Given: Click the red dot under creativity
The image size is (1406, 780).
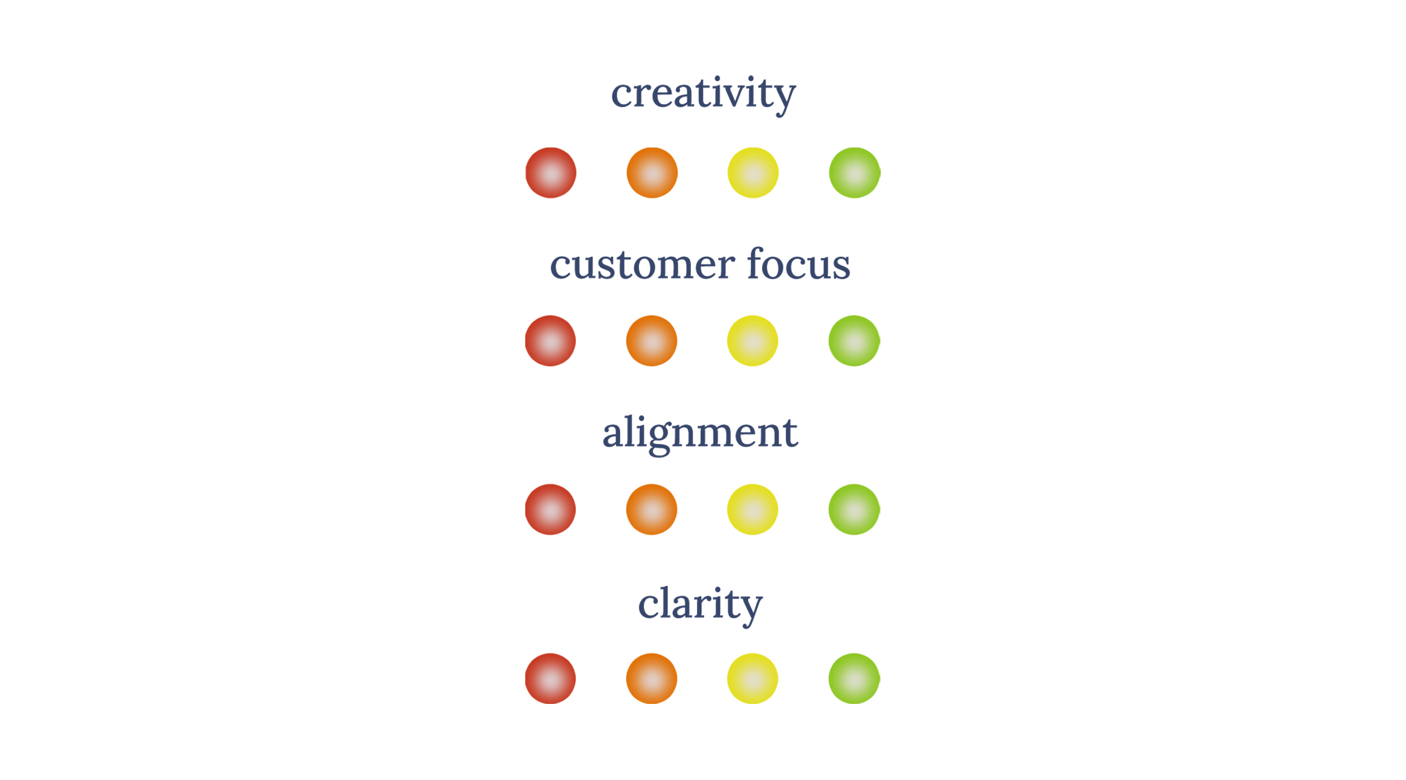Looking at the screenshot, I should [551, 173].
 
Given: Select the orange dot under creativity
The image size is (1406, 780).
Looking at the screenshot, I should [652, 173].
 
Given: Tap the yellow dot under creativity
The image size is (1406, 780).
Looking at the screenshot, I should [753, 173].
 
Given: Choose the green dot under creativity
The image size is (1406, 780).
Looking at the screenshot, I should [854, 173].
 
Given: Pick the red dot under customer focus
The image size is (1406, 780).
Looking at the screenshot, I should [551, 341].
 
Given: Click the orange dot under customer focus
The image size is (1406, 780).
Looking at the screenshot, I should [652, 341].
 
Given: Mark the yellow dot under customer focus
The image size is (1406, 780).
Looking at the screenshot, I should [753, 341].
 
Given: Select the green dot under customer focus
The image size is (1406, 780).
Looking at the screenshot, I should [854, 341].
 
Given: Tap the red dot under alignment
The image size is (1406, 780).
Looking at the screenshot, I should [551, 509].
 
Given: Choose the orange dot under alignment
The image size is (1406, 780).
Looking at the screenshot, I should [652, 509].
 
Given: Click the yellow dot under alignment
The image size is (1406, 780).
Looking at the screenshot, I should [753, 509].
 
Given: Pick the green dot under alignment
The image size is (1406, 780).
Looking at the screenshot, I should [854, 509].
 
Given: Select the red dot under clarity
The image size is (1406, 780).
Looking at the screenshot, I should [551, 678].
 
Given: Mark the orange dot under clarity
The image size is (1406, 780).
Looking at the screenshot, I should [652, 678].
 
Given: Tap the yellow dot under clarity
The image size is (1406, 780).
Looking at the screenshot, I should [753, 678].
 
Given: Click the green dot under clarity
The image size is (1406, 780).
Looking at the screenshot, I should [854, 678].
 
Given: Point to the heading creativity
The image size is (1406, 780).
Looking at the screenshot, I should [703, 94].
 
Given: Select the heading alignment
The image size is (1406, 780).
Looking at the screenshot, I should [700, 433].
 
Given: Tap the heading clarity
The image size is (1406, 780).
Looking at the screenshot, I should [700, 604].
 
